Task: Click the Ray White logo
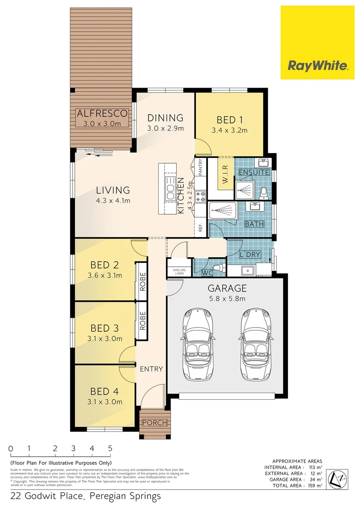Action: pos(317,66)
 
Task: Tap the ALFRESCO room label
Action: pos(102,114)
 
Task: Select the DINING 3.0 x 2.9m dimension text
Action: pos(165,128)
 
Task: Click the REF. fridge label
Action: pos(200,227)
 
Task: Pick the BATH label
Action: pos(254,224)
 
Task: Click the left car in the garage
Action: pos(198,344)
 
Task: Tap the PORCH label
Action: pos(154,422)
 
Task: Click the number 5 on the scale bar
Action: pos(110,448)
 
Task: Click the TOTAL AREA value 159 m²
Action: pos(314,485)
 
